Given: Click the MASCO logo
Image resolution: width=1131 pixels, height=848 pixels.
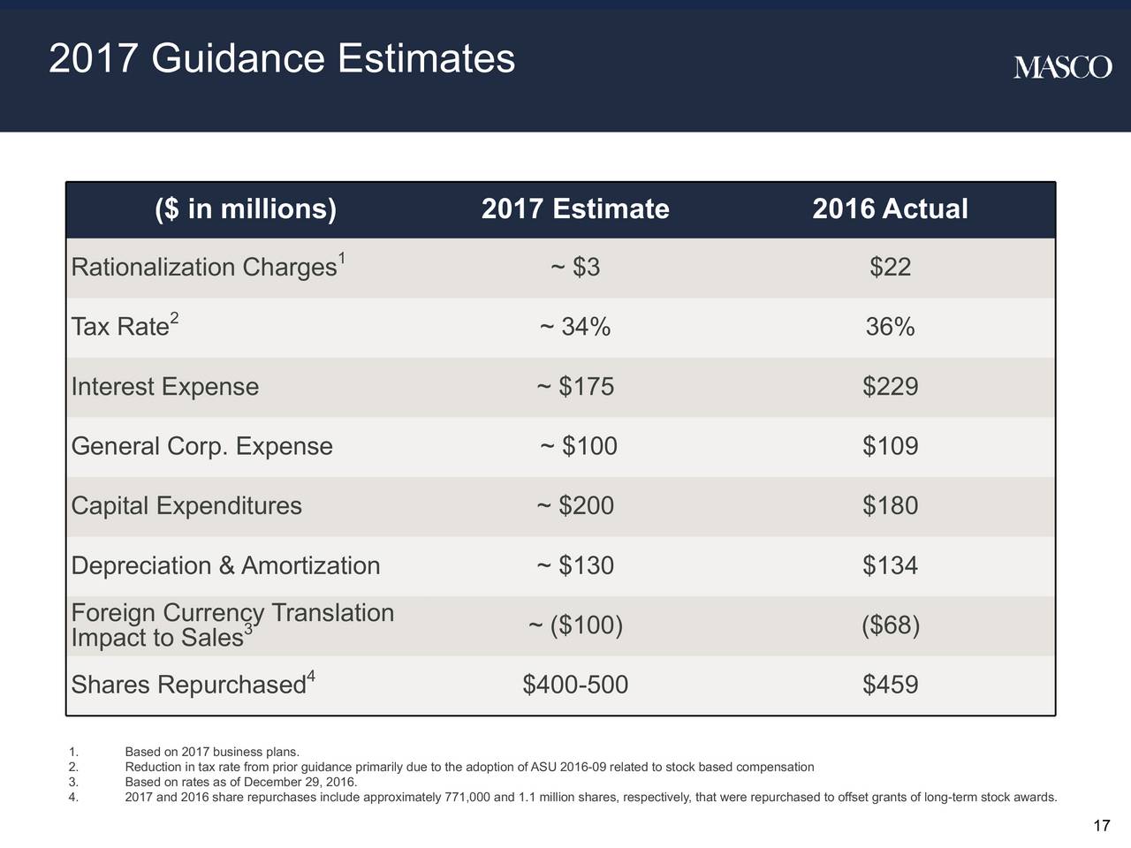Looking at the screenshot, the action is pyautogui.click(x=1062, y=67).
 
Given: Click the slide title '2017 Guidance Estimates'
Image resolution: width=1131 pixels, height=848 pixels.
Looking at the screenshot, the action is pyautogui.click(x=282, y=58).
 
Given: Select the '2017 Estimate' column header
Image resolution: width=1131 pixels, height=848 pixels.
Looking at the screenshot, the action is pyautogui.click(x=575, y=209).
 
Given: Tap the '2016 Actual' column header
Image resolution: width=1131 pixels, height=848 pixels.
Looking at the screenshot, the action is pyautogui.click(x=890, y=209).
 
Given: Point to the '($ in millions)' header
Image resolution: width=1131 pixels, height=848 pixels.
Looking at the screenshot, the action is pyautogui.click(x=246, y=209).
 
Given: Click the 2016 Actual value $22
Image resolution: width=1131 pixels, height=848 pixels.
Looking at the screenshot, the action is pyautogui.click(x=891, y=267).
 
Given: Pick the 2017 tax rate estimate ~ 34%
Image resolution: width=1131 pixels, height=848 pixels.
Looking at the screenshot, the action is pyautogui.click(x=575, y=327).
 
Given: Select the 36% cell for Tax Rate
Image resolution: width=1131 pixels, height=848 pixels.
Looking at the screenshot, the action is pyautogui.click(x=891, y=327).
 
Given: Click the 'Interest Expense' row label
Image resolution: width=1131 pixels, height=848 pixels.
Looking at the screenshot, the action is pyautogui.click(x=165, y=387).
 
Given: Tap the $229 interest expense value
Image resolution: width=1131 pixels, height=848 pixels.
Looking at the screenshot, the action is pyautogui.click(x=891, y=386).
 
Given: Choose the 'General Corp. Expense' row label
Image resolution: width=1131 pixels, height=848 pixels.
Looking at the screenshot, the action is pyautogui.click(x=202, y=446).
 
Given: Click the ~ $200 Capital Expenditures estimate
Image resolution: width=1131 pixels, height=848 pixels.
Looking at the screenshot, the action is pyautogui.click(x=575, y=505).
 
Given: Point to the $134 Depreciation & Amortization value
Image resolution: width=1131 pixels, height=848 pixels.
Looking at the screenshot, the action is pyautogui.click(x=891, y=565).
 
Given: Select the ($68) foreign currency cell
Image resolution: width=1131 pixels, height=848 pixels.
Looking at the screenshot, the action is pyautogui.click(x=891, y=625).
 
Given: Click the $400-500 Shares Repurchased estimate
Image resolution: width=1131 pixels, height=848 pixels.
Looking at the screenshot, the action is pyautogui.click(x=575, y=685).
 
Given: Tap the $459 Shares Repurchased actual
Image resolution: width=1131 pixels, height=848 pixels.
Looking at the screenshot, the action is pyautogui.click(x=891, y=685).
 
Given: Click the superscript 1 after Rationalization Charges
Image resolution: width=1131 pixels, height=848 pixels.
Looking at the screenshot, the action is pyautogui.click(x=342, y=258).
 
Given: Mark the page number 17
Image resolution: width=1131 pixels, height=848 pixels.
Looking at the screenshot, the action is pyautogui.click(x=1102, y=826).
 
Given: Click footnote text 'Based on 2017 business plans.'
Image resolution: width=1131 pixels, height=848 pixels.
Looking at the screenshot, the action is pyautogui.click(x=212, y=752).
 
